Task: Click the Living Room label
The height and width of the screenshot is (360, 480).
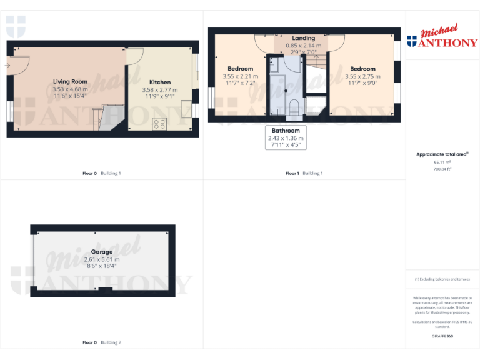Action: point(70,81)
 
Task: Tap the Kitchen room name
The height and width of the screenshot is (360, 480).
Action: point(160,82)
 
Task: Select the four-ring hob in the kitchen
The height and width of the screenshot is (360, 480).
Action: point(159,124)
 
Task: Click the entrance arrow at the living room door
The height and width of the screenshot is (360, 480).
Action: point(7,65)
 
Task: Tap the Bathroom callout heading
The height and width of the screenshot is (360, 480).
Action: point(286,131)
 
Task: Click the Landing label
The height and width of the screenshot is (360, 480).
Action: point(304,38)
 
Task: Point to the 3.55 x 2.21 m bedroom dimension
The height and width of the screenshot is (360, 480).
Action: point(240,76)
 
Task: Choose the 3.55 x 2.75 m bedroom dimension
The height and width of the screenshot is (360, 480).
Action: point(362,76)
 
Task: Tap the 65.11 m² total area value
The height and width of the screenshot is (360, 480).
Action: point(442,161)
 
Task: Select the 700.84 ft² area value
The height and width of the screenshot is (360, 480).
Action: point(442,169)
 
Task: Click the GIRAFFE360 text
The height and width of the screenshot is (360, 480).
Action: point(442,336)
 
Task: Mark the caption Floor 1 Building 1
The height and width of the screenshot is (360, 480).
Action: point(304,172)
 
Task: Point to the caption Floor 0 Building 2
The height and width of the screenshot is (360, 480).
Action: point(101,342)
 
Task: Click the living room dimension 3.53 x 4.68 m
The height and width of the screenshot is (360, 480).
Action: point(70,89)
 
